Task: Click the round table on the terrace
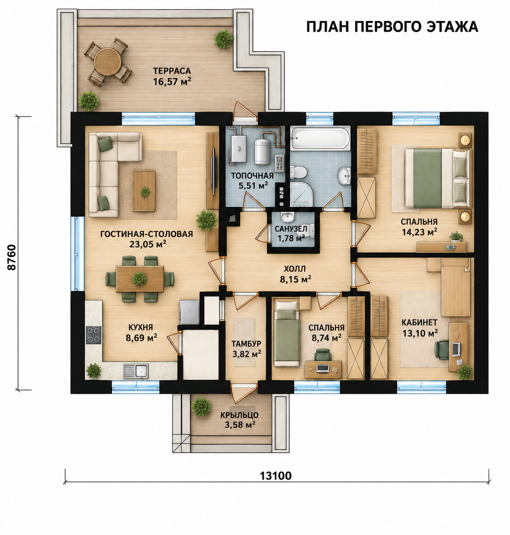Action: click(108, 62)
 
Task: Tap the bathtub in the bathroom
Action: click(320, 138)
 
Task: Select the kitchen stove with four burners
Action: click(94, 335)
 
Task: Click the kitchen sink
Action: click(136, 371)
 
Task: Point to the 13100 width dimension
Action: click(276, 476)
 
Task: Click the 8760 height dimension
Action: click(12, 257)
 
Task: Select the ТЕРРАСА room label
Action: click(172, 71)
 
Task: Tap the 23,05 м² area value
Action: click(148, 244)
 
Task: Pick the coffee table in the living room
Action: click(144, 190)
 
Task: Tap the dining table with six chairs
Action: click(140, 279)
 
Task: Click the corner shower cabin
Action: click(302, 193)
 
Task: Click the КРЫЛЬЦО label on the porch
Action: click(239, 415)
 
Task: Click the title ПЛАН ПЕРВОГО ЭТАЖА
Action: click(392, 27)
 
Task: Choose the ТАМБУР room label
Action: click(246, 343)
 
